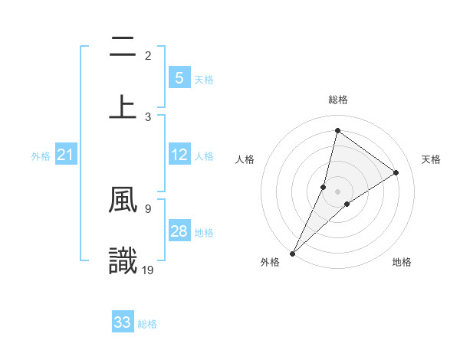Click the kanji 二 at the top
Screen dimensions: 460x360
pos(123,47)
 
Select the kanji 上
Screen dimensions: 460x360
pos(123,106)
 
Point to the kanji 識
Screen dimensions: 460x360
pos(123,260)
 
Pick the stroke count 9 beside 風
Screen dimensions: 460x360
pos(147,207)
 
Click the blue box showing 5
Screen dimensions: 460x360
pos(179,77)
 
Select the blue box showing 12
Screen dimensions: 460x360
pos(179,155)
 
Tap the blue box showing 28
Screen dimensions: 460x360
pos(179,231)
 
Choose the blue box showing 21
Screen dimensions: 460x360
pos(66,155)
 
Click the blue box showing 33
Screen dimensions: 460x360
pos(123,322)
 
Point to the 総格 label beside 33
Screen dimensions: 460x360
pos(148,324)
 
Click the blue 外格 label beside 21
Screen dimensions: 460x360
pos(41,156)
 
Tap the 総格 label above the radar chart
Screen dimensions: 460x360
pos(338,100)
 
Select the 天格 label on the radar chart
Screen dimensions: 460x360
pos(431,159)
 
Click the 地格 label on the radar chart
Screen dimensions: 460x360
pos(402,262)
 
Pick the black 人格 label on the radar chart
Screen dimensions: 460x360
pos(245,159)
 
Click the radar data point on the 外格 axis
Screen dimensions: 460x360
pos(293,253)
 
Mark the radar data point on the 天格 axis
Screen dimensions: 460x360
pos(396,173)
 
